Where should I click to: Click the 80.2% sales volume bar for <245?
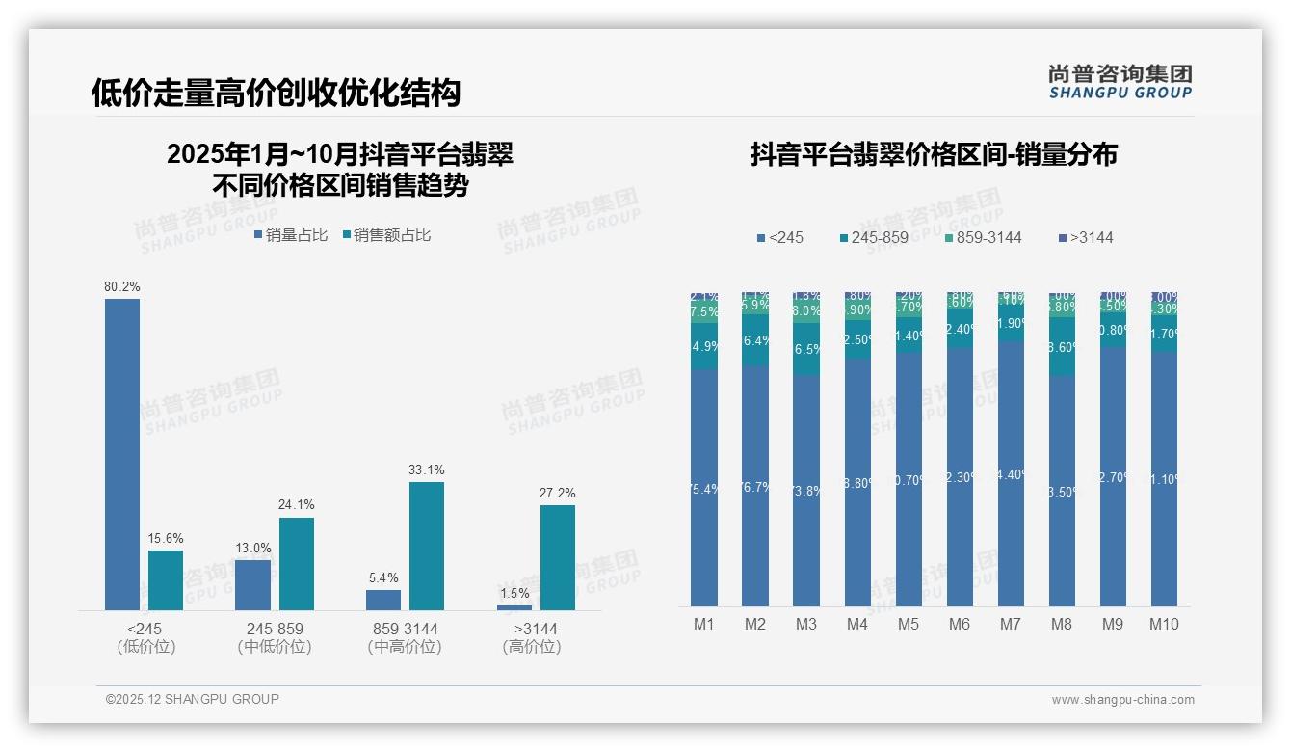[122, 453]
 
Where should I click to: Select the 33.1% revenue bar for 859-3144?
[427, 546]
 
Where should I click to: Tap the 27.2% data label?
[558, 494]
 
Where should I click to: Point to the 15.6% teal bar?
[166, 579]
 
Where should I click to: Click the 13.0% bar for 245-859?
[253, 584]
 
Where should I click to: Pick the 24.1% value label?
[297, 505]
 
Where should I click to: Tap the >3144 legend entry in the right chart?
[1086, 238]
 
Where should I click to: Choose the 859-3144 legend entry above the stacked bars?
[982, 238]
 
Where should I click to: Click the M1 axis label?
[704, 625]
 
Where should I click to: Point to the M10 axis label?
[1164, 625]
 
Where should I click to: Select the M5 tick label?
[909, 625]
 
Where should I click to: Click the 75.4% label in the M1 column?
[704, 490]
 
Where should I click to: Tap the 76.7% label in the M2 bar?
[755, 488]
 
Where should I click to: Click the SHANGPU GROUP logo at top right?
[1120, 82]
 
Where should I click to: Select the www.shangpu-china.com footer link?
[1122, 700]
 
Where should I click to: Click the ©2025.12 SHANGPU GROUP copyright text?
[193, 700]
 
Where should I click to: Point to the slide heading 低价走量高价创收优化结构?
[277, 93]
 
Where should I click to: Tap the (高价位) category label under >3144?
[532, 648]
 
